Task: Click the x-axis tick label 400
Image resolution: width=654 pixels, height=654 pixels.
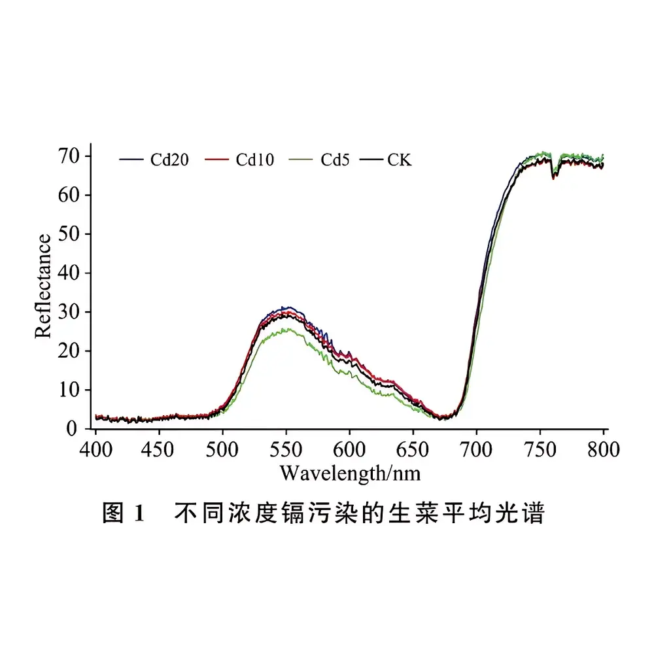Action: [96, 449]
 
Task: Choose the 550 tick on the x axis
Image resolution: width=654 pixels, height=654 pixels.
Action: [286, 449]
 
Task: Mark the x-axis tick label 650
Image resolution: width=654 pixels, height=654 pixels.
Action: [413, 449]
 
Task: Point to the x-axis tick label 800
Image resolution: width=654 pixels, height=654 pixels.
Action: [603, 449]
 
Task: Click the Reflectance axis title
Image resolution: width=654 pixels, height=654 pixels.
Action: [43, 286]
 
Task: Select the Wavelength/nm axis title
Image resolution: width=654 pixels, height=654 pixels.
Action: [350, 472]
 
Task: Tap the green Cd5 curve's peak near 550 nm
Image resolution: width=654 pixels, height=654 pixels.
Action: [286, 330]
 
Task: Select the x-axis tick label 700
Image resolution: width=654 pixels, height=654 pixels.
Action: [476, 449]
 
